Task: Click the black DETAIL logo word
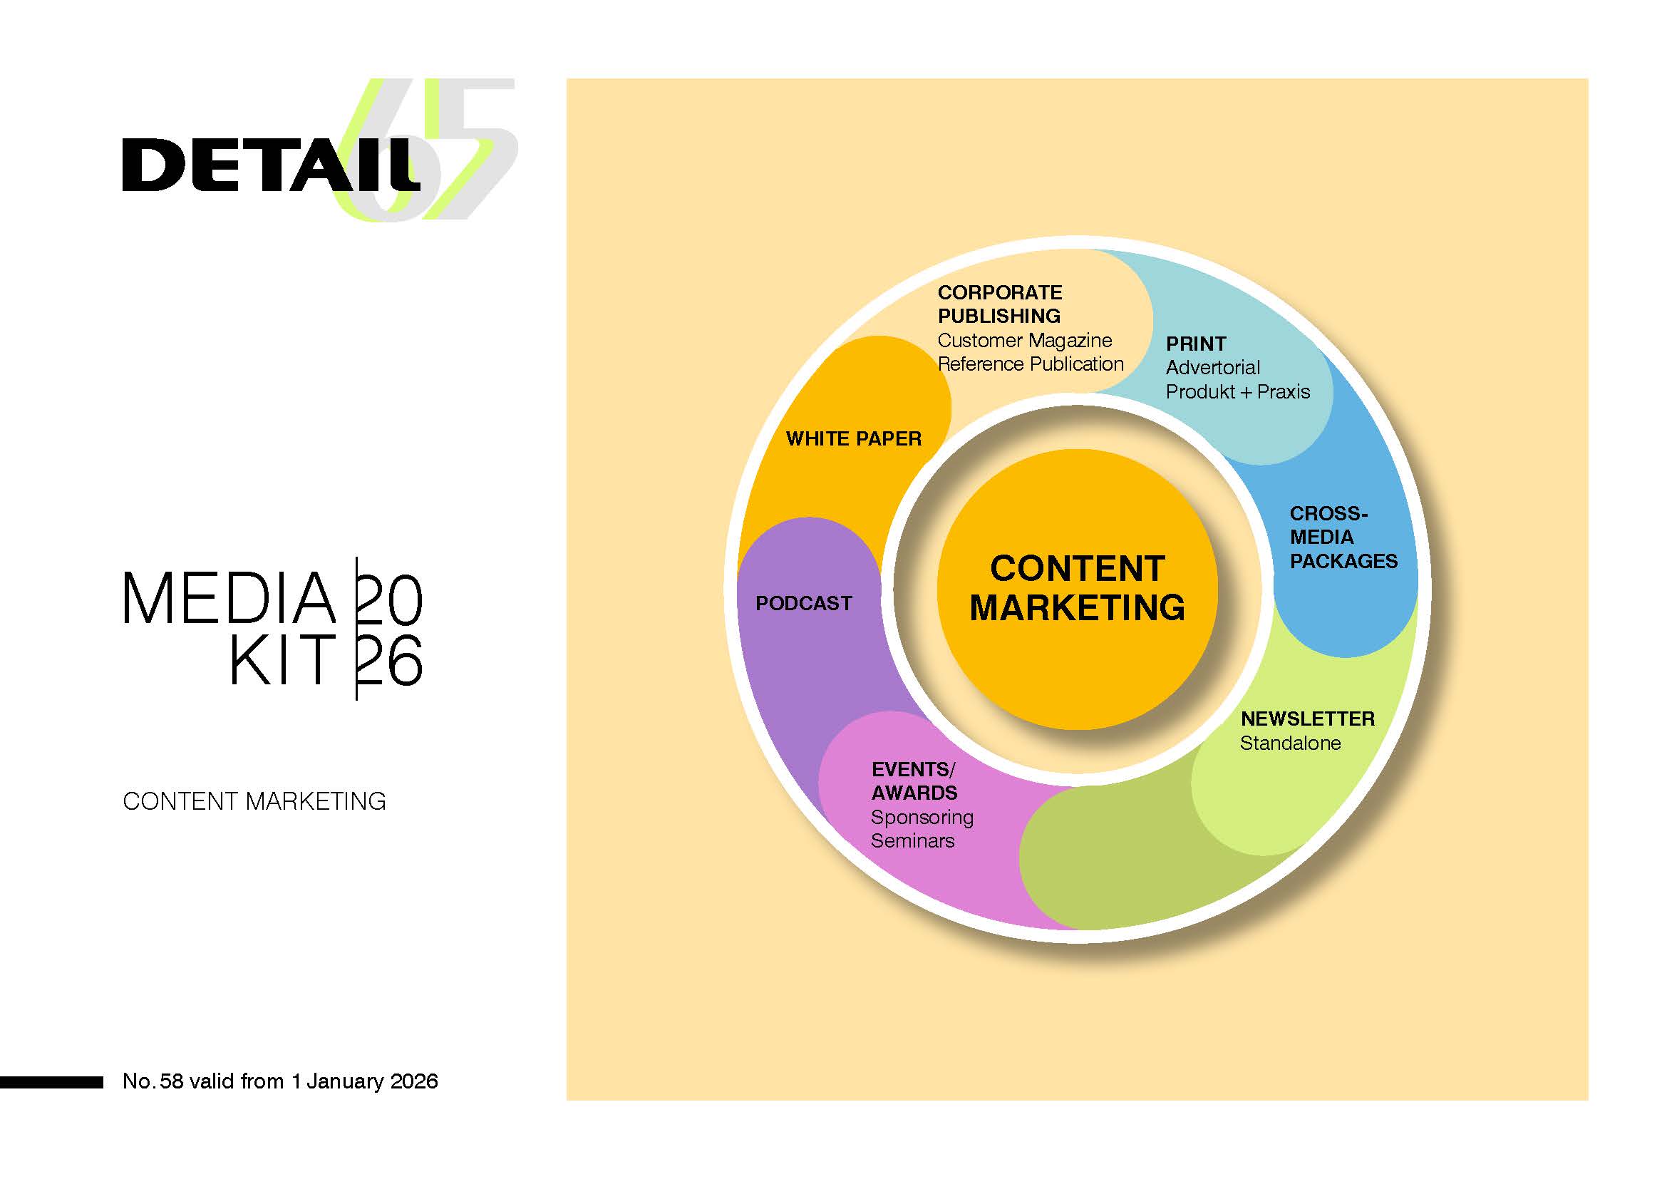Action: click(269, 165)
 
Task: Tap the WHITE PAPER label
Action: click(853, 438)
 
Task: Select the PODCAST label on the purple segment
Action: click(803, 603)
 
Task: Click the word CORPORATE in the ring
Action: click(999, 292)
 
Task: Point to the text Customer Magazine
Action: click(1023, 341)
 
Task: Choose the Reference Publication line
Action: click(1030, 364)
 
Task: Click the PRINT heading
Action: click(1195, 344)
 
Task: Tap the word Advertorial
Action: click(1212, 367)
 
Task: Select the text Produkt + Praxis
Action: click(1237, 392)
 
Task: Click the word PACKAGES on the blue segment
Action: click(1343, 561)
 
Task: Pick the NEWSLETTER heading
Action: click(1307, 719)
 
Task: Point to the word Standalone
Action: click(1289, 743)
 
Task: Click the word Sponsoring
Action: click(922, 818)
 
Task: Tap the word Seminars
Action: click(912, 840)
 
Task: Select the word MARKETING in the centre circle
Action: click(1077, 607)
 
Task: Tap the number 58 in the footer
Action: click(171, 1081)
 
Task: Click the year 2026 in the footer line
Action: click(414, 1081)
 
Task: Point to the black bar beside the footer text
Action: click(51, 1083)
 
